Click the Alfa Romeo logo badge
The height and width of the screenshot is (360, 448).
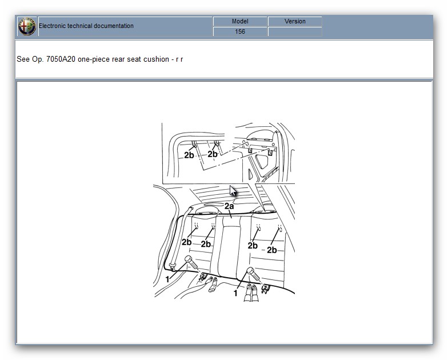pos(27,26)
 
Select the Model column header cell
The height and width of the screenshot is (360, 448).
pos(240,22)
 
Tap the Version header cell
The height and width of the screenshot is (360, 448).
pos(295,22)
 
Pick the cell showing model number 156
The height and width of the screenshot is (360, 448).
pos(240,31)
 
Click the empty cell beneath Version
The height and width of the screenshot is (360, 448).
pos(295,31)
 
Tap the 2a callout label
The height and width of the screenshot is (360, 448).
pos(229,206)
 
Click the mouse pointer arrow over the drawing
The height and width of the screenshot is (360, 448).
pos(233,191)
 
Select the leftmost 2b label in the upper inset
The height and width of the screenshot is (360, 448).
pos(189,155)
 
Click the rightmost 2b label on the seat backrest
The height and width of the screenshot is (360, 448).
pos(272,250)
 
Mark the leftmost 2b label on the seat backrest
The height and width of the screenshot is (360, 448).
pos(186,242)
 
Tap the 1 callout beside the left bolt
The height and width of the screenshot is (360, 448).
pos(167,279)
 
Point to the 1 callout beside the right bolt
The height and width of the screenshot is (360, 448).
pos(235,293)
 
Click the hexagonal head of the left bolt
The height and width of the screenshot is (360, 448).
pos(189,259)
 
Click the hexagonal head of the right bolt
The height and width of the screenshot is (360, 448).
pos(250,271)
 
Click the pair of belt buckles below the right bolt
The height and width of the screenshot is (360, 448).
pos(251,292)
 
